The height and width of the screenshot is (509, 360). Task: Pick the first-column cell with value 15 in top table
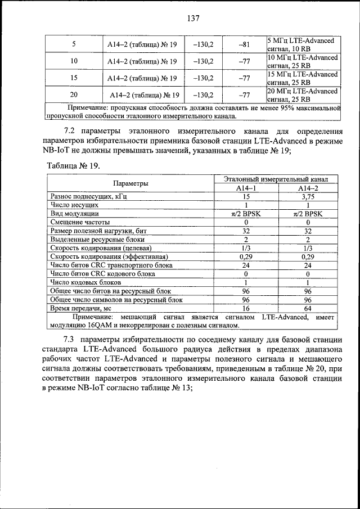[x=74, y=78]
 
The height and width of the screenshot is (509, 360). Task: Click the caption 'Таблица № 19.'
[x=73, y=165]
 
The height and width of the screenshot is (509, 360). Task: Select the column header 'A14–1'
[x=246, y=188]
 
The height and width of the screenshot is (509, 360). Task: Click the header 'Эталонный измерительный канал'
[x=276, y=179]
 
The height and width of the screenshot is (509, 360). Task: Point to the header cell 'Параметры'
[x=130, y=183]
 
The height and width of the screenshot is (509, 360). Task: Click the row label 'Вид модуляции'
[x=75, y=214]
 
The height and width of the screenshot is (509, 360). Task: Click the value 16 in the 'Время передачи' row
[x=246, y=308]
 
